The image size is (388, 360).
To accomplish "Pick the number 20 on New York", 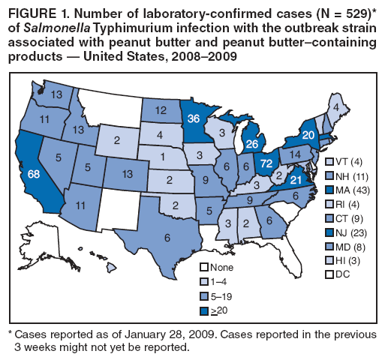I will [x=310, y=134].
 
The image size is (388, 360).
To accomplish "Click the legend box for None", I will [x=204, y=268].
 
